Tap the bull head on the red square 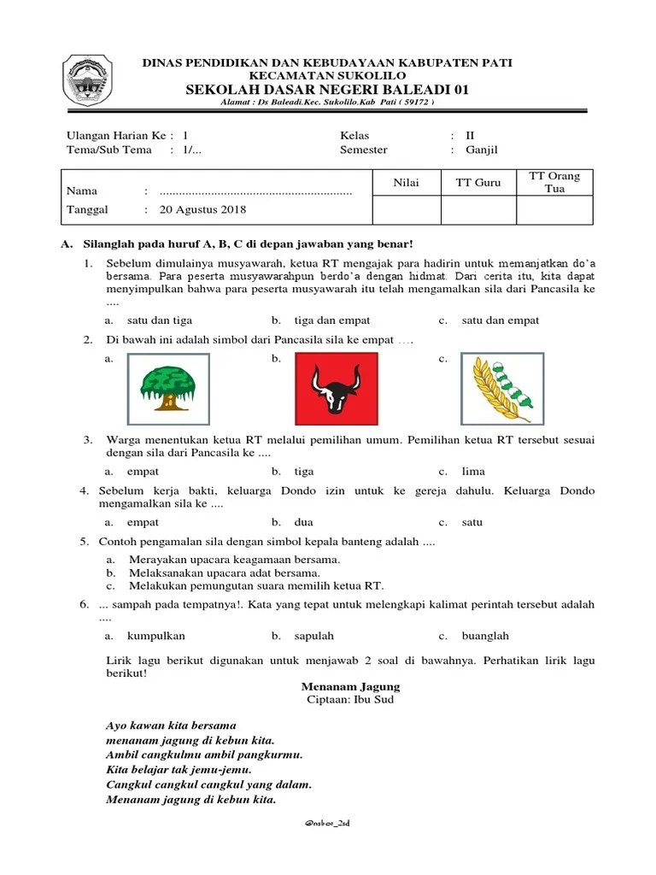pos(336,389)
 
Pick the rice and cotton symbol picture pos(502,389)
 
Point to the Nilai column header pos(407,182)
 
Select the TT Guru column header pos(478,182)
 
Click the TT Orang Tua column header pos(554,182)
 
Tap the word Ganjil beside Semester pos(482,150)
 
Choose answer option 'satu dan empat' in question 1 pos(500,320)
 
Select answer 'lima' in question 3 pos(473,471)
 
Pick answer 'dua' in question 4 pos(305,522)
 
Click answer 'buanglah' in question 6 pos(485,636)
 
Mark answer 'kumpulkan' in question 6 pos(156,636)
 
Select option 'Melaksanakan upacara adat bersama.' pos(225,573)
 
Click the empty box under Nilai pos(407,209)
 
